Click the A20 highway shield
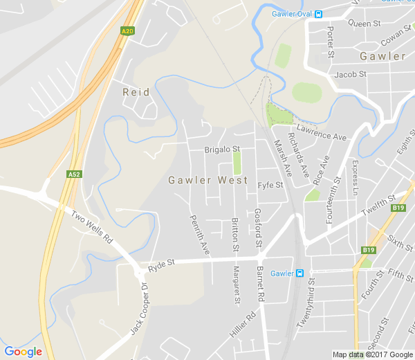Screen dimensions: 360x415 (127, 31)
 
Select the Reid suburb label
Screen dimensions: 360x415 (136, 92)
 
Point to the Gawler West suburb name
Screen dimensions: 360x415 (208, 180)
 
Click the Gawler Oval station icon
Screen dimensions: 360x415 (318, 14)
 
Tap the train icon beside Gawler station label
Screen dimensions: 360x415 (299, 273)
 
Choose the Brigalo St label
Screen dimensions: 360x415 (222, 149)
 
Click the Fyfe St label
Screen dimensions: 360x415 (270, 186)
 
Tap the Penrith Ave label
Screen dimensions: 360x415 (199, 233)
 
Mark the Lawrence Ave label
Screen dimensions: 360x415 (322, 133)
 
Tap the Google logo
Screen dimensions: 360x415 (23, 352)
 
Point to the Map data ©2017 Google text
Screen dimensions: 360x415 (372, 354)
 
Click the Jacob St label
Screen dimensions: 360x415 (349, 74)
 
